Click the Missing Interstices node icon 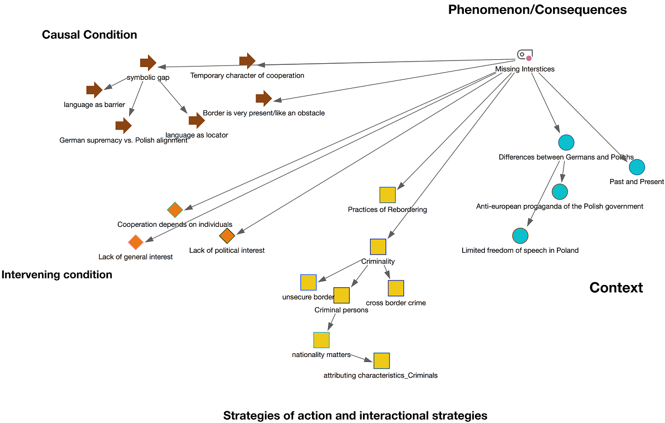524,55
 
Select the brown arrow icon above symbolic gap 148,63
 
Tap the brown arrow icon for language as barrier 95,90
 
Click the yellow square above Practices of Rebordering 387,195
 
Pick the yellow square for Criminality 378,247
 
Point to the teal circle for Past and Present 637,167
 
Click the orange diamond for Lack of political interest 227,236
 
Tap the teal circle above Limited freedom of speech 520,236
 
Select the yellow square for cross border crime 396,288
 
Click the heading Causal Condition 89,35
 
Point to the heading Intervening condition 57,275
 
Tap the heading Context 616,288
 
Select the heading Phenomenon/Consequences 538,9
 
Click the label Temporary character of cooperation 247,75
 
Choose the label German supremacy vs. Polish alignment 124,140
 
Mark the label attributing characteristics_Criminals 381,375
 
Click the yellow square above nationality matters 321,340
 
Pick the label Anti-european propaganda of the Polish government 560,206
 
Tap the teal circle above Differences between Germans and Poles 566,142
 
